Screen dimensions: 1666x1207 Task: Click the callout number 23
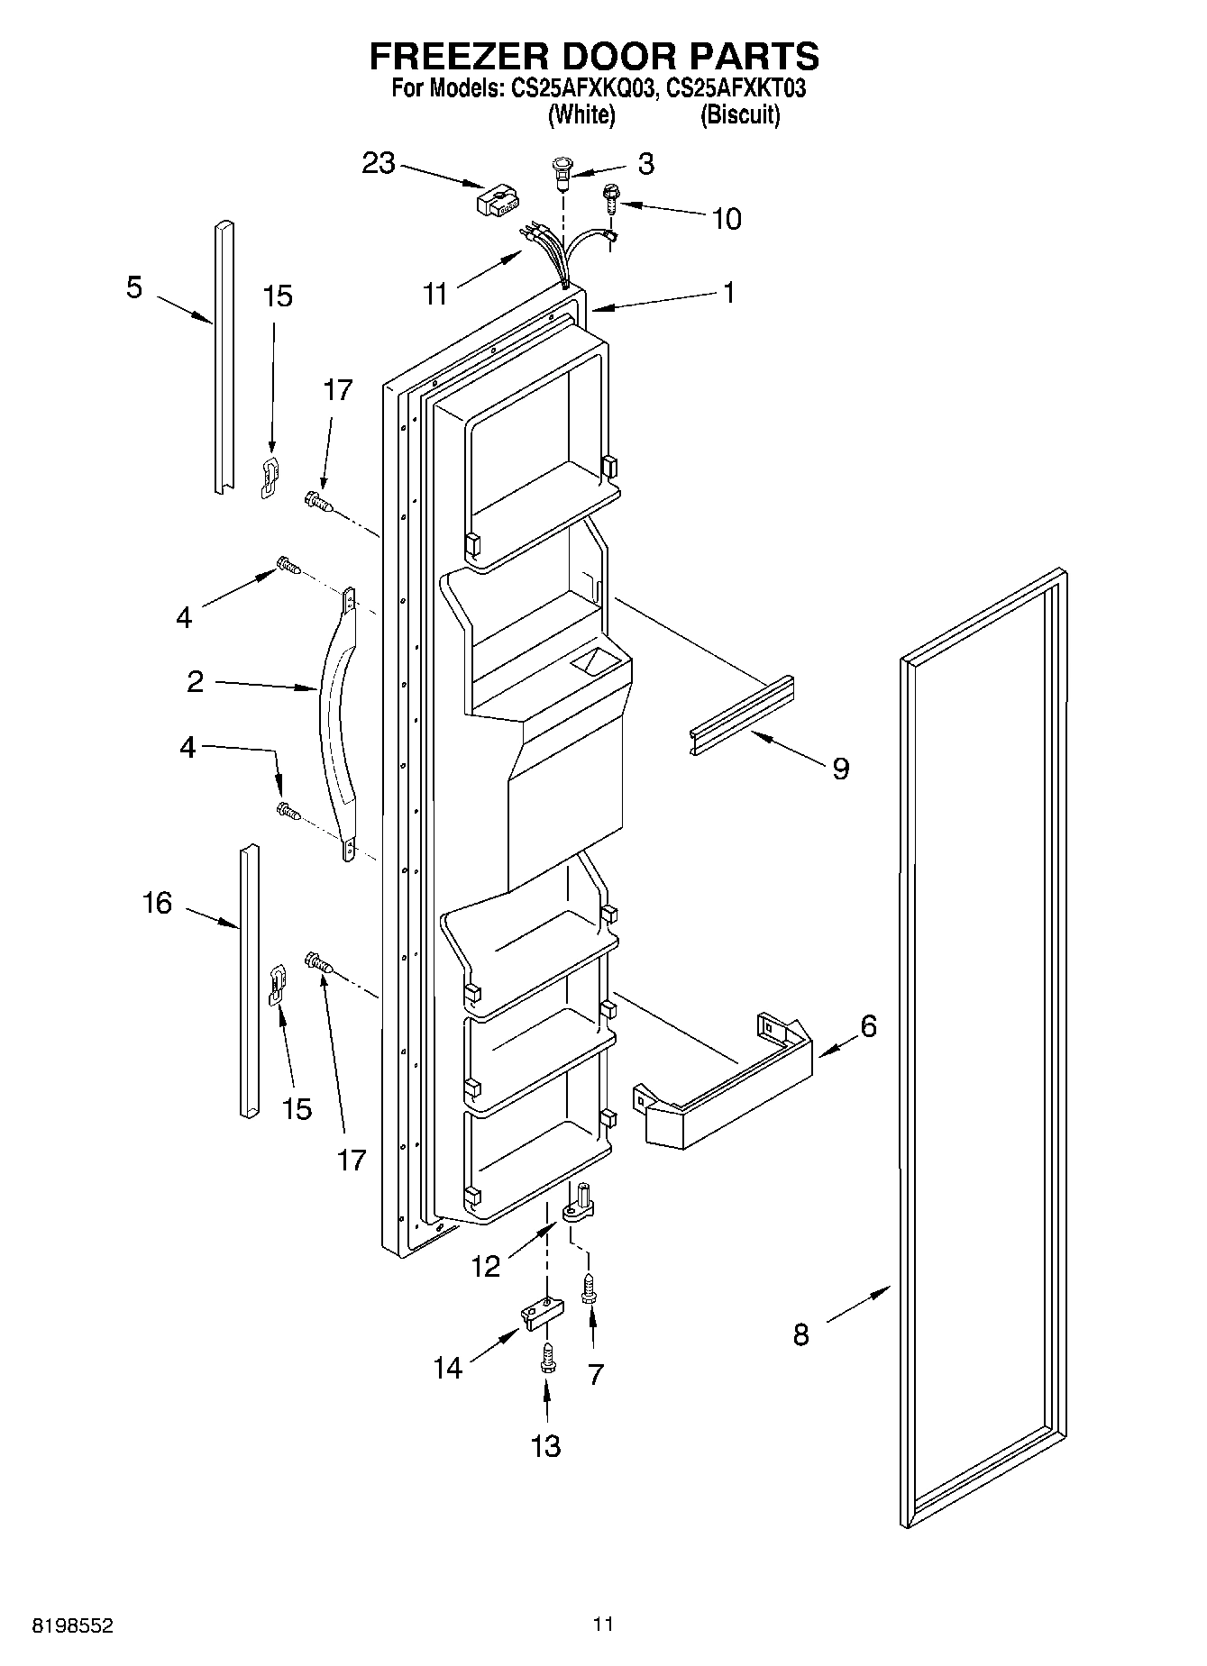(x=379, y=164)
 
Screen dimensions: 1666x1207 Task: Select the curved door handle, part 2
(x=336, y=726)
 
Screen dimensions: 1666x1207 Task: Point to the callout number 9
(x=840, y=769)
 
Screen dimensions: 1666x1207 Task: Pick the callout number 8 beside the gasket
(x=800, y=1334)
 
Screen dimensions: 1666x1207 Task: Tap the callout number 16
(x=157, y=902)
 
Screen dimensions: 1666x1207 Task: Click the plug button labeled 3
(x=562, y=171)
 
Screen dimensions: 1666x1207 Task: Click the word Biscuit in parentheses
(x=740, y=114)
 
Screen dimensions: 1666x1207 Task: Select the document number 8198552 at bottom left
(x=73, y=1626)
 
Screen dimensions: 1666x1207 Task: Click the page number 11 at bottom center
(x=603, y=1625)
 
